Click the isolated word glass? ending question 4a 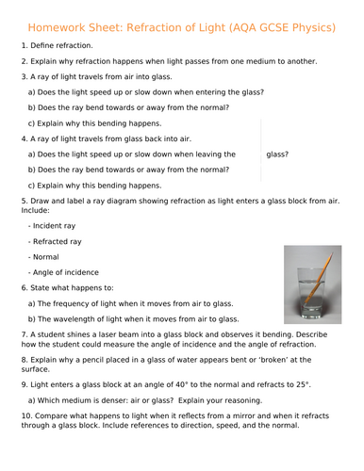click(x=277, y=154)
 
